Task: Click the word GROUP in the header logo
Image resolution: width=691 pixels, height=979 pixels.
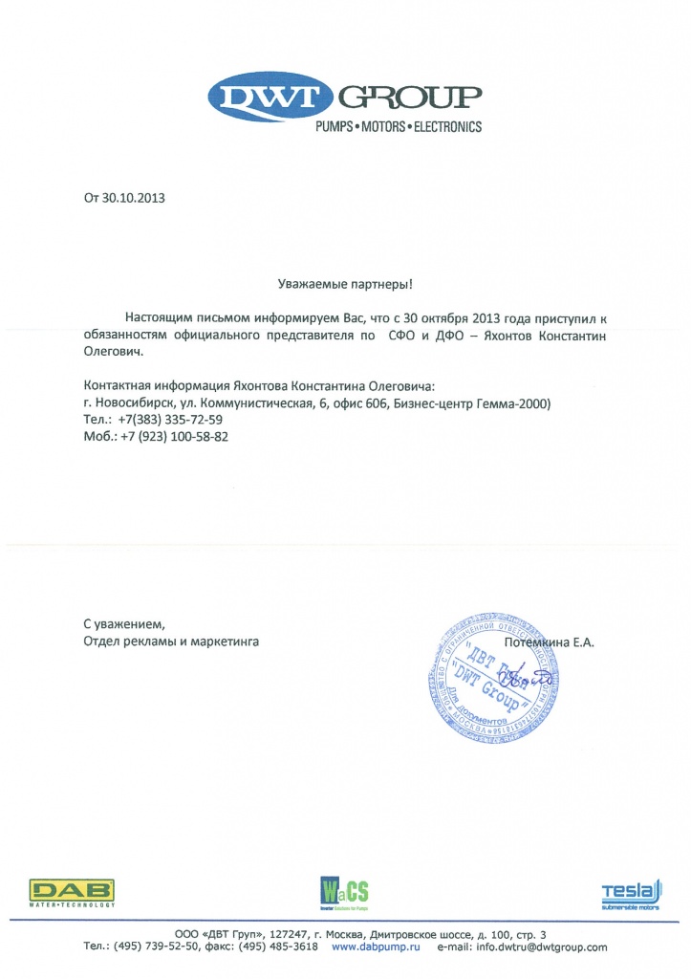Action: pos(412,97)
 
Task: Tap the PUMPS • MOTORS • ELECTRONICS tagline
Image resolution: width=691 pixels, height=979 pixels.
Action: pos(399,127)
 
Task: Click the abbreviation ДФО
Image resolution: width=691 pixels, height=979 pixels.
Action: pos(455,336)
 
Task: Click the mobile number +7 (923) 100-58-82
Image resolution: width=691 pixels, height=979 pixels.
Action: pos(175,436)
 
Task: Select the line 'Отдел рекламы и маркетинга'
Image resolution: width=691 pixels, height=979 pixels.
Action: pos(171,642)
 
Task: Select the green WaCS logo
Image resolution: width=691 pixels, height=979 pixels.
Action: pos(345,892)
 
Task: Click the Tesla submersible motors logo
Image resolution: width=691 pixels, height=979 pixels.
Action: pos(630,895)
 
